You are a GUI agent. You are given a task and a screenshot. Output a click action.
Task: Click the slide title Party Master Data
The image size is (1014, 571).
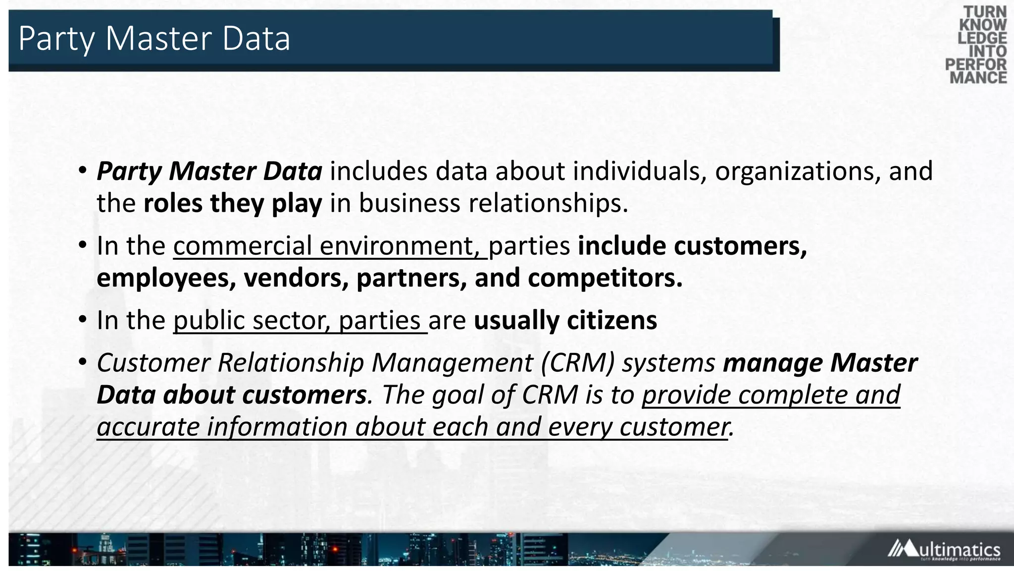click(x=154, y=39)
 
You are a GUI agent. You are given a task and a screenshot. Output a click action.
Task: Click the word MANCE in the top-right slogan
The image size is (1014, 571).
click(x=978, y=78)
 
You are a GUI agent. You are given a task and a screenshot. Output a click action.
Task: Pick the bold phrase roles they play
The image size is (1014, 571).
click(x=233, y=203)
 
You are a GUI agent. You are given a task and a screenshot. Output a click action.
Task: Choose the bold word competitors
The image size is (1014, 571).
click(x=605, y=278)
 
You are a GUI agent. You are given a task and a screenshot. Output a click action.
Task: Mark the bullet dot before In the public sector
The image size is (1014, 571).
click(x=83, y=319)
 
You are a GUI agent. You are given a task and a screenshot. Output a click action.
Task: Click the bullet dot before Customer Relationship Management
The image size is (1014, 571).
click(x=83, y=362)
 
